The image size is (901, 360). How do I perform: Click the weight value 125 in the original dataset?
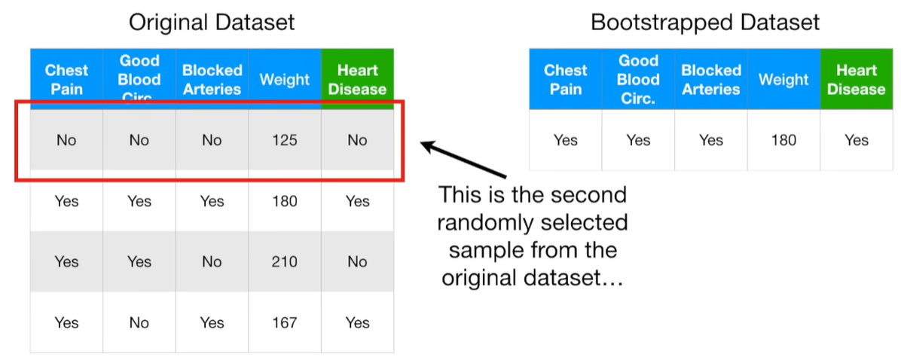click(285, 140)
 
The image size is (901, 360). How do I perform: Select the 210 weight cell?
click(285, 262)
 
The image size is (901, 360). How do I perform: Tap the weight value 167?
click(285, 323)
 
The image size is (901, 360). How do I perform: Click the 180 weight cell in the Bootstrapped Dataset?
click(783, 140)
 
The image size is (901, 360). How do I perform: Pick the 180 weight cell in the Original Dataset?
click(285, 201)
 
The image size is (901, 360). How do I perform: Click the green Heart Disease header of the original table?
click(357, 79)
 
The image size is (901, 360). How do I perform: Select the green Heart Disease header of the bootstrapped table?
click(857, 79)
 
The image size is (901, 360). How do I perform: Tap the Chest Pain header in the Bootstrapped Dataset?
click(565, 79)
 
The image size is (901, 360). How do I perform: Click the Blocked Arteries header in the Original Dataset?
click(212, 79)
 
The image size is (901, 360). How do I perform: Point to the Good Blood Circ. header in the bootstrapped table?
click(638, 79)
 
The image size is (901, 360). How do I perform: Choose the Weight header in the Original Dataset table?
click(285, 79)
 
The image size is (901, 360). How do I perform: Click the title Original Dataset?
click(212, 22)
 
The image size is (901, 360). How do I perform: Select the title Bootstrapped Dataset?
click(704, 22)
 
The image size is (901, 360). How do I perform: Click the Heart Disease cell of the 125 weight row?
click(357, 140)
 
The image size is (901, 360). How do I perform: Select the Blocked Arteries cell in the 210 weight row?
click(212, 262)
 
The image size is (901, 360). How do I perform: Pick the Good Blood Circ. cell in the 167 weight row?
click(139, 323)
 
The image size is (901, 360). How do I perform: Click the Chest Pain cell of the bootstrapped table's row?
click(565, 140)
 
